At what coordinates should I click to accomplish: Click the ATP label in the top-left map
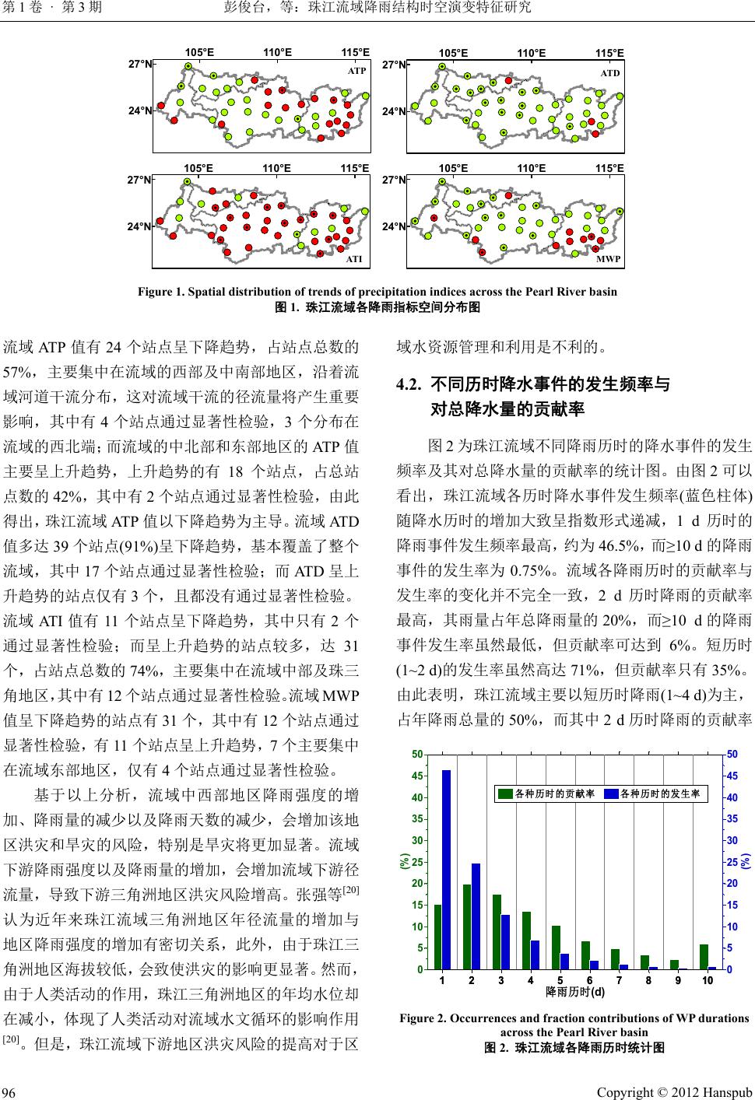pos(356,70)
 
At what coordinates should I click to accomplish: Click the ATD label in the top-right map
pos(611,73)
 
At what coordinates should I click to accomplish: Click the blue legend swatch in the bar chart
pos(612,793)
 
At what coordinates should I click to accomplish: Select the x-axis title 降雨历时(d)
pos(575,993)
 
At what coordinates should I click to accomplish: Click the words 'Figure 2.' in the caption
pos(423,1018)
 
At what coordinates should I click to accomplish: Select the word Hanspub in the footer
pos(725,1088)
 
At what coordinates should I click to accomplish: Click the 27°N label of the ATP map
pos(140,65)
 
